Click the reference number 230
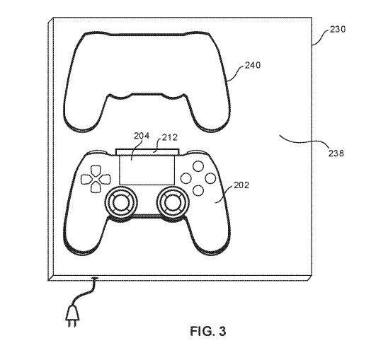[x=338, y=29]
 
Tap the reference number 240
[x=253, y=65]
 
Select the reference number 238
[x=336, y=153]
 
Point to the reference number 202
[x=241, y=185]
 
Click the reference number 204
[x=142, y=136]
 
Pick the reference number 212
[x=170, y=138]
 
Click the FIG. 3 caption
[x=208, y=331]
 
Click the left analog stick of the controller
[x=121, y=202]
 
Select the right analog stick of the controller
[x=173, y=202]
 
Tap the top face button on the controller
[x=198, y=166]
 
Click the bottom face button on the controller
[x=198, y=190]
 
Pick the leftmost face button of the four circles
[x=186, y=178]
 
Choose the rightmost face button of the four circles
[x=210, y=178]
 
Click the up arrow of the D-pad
[x=96, y=170]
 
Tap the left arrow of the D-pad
[x=86, y=180]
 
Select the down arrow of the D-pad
[x=96, y=187]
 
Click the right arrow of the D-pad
[x=105, y=180]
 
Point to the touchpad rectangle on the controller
[x=147, y=170]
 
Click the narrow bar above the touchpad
[x=147, y=152]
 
